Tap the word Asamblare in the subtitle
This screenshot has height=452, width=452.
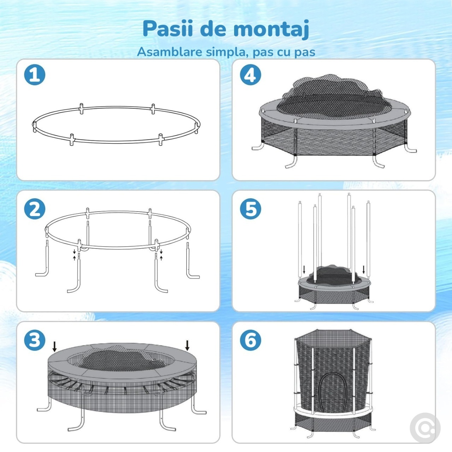click(169, 52)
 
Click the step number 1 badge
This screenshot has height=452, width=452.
click(35, 75)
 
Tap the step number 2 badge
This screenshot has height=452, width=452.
click(35, 209)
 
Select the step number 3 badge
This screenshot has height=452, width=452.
click(35, 340)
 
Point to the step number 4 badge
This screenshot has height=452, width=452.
click(250, 75)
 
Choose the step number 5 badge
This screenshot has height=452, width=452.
click(250, 209)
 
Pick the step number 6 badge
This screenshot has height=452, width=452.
click(250, 340)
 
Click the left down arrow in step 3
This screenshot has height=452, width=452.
click(54, 347)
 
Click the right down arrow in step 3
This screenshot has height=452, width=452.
click(187, 345)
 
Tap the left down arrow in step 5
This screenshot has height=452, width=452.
click(304, 269)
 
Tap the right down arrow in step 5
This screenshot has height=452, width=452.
click(364, 269)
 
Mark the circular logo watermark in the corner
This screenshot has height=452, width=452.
click(425, 428)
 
